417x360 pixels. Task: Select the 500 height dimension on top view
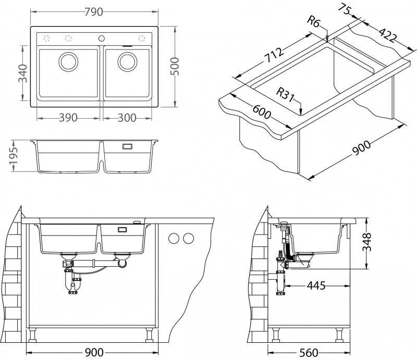click(176, 66)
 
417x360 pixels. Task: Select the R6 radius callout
click(314, 22)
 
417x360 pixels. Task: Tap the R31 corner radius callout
click(286, 94)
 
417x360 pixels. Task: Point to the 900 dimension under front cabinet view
click(94, 353)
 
